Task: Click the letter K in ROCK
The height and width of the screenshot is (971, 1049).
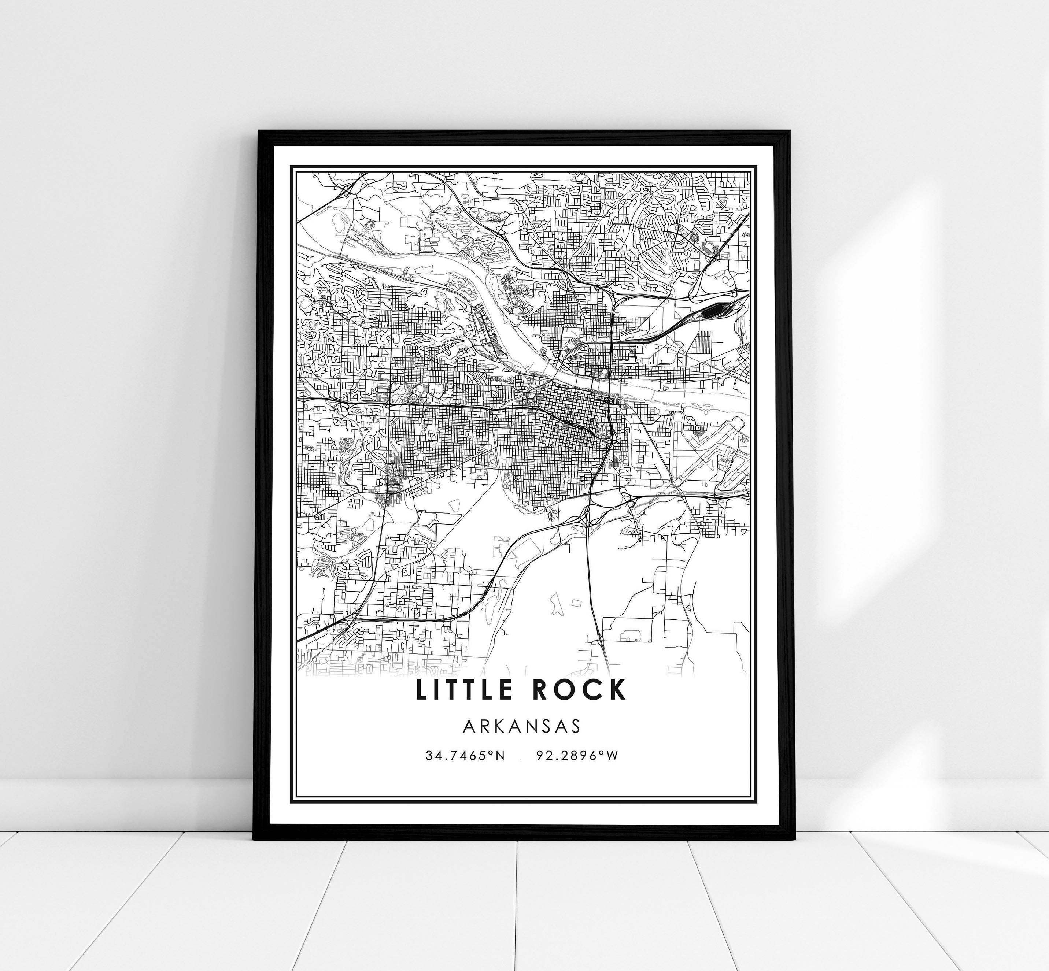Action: [x=617, y=690]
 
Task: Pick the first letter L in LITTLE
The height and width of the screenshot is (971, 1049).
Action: [x=421, y=690]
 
